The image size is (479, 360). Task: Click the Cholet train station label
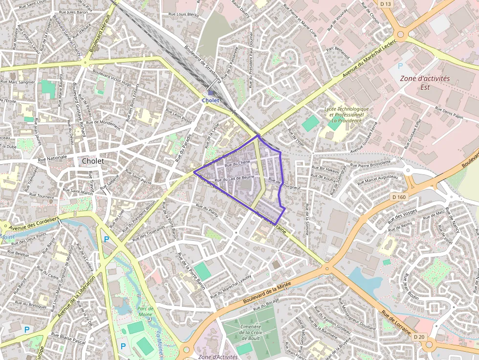(211, 100)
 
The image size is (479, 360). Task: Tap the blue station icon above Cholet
(211, 92)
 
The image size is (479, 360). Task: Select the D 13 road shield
(386, 4)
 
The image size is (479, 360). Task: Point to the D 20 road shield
(419, 337)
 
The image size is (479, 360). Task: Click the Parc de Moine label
(145, 312)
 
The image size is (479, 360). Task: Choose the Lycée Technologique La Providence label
(347, 114)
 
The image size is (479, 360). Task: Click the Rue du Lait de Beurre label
(234, 179)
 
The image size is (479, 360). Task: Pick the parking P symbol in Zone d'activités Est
(400, 66)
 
